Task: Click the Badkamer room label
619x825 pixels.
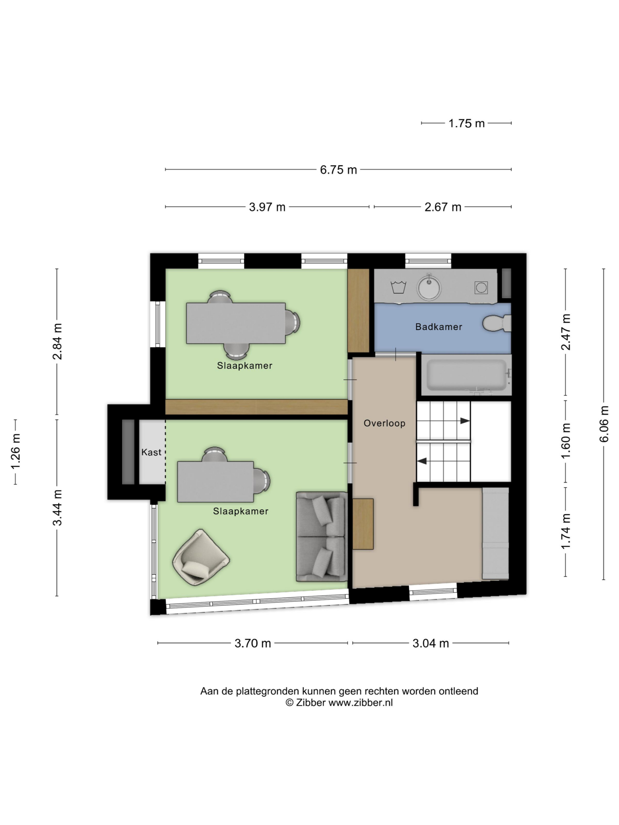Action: pyautogui.click(x=438, y=327)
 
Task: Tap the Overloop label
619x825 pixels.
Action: pyautogui.click(x=384, y=423)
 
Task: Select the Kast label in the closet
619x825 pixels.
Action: pyautogui.click(x=151, y=452)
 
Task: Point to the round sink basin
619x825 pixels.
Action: pyautogui.click(x=429, y=287)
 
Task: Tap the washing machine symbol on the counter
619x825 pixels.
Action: pyautogui.click(x=398, y=287)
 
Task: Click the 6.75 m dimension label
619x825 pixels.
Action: pyautogui.click(x=339, y=170)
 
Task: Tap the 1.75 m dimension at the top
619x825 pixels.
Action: pyautogui.click(x=467, y=123)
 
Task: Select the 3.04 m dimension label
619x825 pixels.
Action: pyautogui.click(x=431, y=643)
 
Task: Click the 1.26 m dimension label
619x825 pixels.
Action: pyautogui.click(x=16, y=452)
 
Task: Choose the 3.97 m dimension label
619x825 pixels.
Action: pyautogui.click(x=267, y=207)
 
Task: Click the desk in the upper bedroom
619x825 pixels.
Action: pyautogui.click(x=236, y=323)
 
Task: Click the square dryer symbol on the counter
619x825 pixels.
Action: pyautogui.click(x=481, y=287)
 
